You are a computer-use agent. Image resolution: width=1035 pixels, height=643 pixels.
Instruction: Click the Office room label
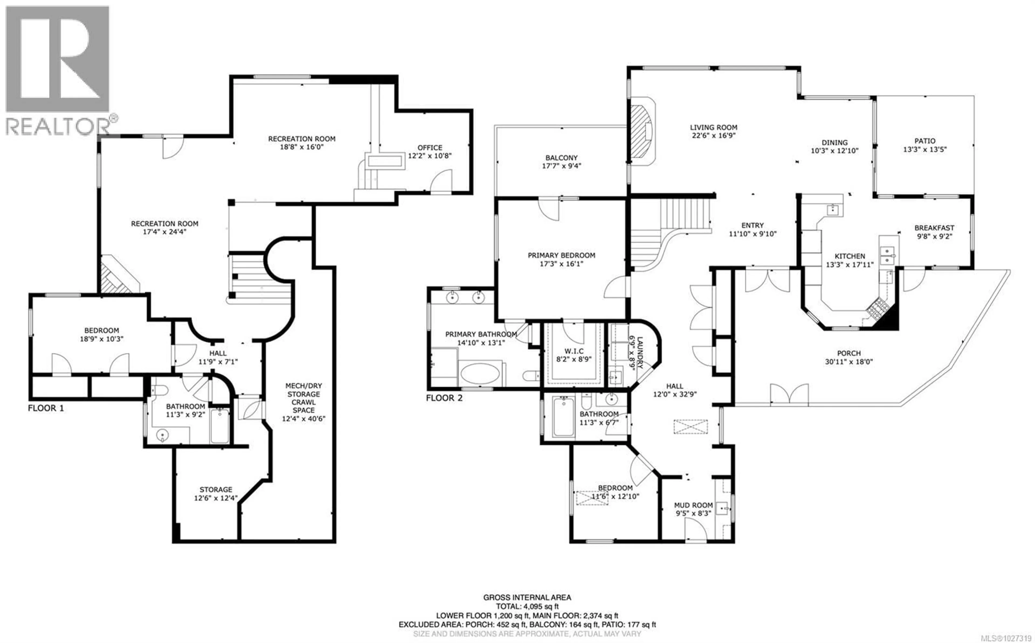[x=429, y=148]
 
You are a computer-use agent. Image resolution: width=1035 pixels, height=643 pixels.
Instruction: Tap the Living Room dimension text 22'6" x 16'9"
[x=713, y=136]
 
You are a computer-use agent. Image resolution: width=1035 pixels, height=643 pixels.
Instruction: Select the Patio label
[x=925, y=141]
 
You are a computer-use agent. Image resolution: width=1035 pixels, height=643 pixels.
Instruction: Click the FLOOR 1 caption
[x=46, y=408]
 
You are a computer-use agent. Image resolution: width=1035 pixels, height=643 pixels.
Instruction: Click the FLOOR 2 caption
[x=444, y=398]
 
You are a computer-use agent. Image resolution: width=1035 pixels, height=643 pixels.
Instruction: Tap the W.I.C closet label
[x=573, y=351]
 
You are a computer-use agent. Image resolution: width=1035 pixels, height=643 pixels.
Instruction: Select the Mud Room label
[x=693, y=505]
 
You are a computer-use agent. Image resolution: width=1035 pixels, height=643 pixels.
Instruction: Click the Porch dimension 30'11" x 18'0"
[x=849, y=362]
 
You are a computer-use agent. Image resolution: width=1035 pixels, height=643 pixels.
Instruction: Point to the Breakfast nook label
[x=934, y=228]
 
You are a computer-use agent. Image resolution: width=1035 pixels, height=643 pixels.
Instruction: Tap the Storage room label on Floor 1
[x=216, y=489]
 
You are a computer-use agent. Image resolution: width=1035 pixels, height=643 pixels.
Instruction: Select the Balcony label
[x=561, y=158]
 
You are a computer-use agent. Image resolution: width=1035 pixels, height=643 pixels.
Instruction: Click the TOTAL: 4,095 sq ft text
[x=527, y=606]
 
